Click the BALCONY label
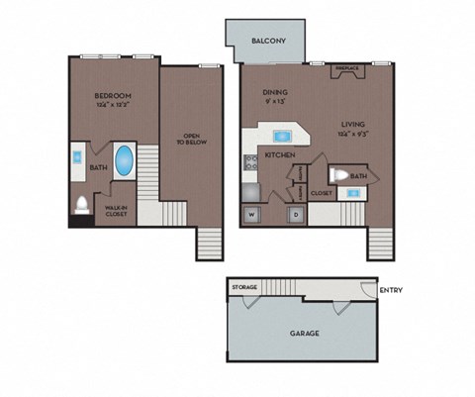tap(268, 42)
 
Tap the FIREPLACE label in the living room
tap(347, 68)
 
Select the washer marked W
tap(250, 214)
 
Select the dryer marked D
tap(294, 214)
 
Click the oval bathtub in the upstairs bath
tap(124, 161)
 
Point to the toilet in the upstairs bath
tap(81, 206)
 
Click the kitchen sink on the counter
tap(281, 135)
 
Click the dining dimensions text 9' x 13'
tap(274, 102)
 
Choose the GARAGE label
tap(304, 334)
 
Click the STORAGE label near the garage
tap(244, 287)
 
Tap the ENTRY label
tap(390, 290)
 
